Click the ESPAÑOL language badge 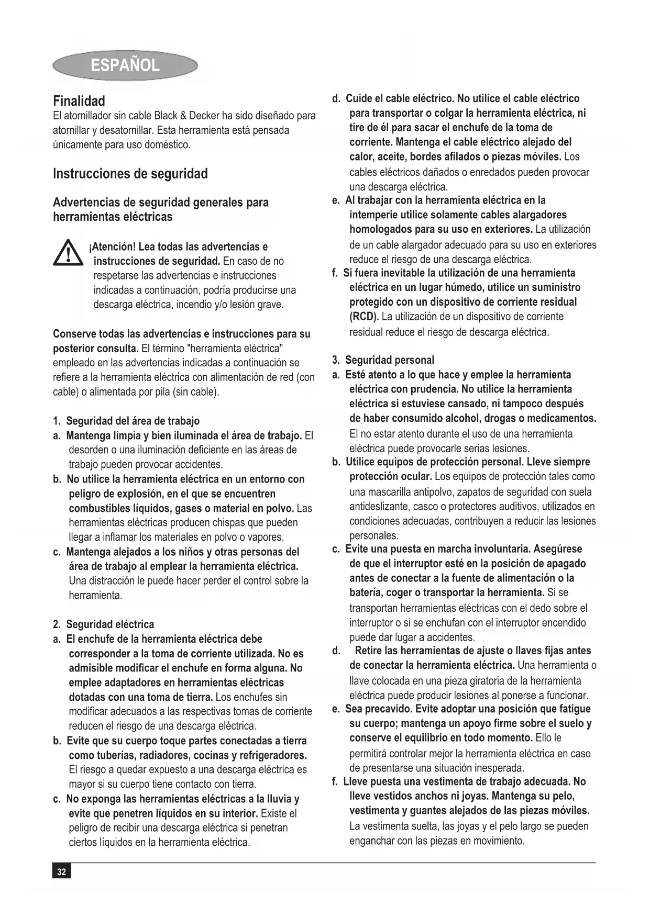[125, 65]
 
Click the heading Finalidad [79, 101]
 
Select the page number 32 [62, 871]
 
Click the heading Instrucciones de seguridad [130, 174]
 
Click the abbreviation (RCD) [363, 317]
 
